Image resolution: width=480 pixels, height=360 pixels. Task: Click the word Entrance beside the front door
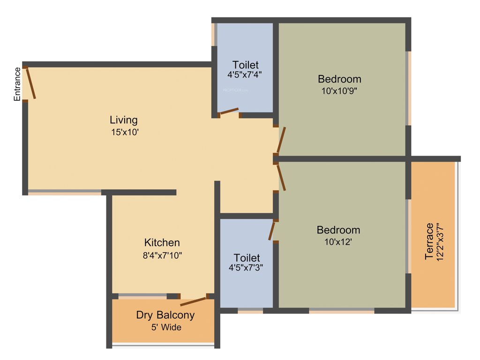click(x=17, y=84)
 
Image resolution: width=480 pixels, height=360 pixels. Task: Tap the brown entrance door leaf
click(x=30, y=83)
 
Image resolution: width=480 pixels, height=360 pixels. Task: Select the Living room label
click(x=124, y=120)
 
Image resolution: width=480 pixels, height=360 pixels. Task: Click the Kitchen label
click(x=162, y=243)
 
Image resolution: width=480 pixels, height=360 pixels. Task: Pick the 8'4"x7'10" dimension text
click(x=162, y=255)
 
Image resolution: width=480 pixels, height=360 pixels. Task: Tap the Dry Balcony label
click(x=165, y=315)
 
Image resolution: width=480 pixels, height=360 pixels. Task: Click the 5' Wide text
click(x=165, y=327)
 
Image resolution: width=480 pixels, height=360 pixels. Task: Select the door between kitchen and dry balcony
click(x=193, y=301)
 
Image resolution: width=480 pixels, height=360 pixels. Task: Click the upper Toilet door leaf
click(x=229, y=112)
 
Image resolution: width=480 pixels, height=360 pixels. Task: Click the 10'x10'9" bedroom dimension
click(x=340, y=91)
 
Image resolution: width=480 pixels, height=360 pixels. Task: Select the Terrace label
click(x=429, y=241)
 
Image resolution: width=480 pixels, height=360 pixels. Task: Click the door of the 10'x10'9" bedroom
click(x=281, y=140)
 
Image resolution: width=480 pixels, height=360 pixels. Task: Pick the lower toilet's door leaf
click(x=271, y=232)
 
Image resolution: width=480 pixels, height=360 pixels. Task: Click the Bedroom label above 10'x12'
click(x=338, y=230)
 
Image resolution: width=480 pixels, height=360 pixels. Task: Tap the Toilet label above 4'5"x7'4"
click(x=246, y=65)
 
